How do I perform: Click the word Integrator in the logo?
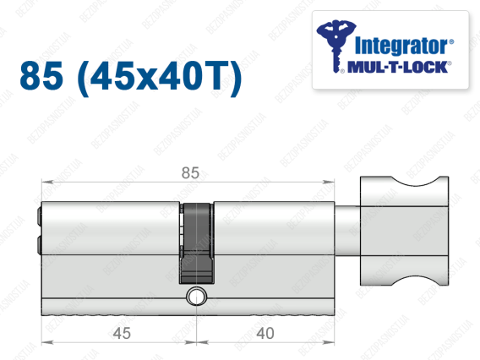point(401,46)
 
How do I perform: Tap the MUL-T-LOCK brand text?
point(397,67)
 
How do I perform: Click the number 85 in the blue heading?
point(41,75)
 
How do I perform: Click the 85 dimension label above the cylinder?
point(190,173)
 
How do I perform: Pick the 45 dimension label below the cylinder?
point(122,333)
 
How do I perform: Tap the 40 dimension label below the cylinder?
point(265,333)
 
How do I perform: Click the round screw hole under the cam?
point(196,296)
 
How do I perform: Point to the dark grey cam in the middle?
point(196,243)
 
